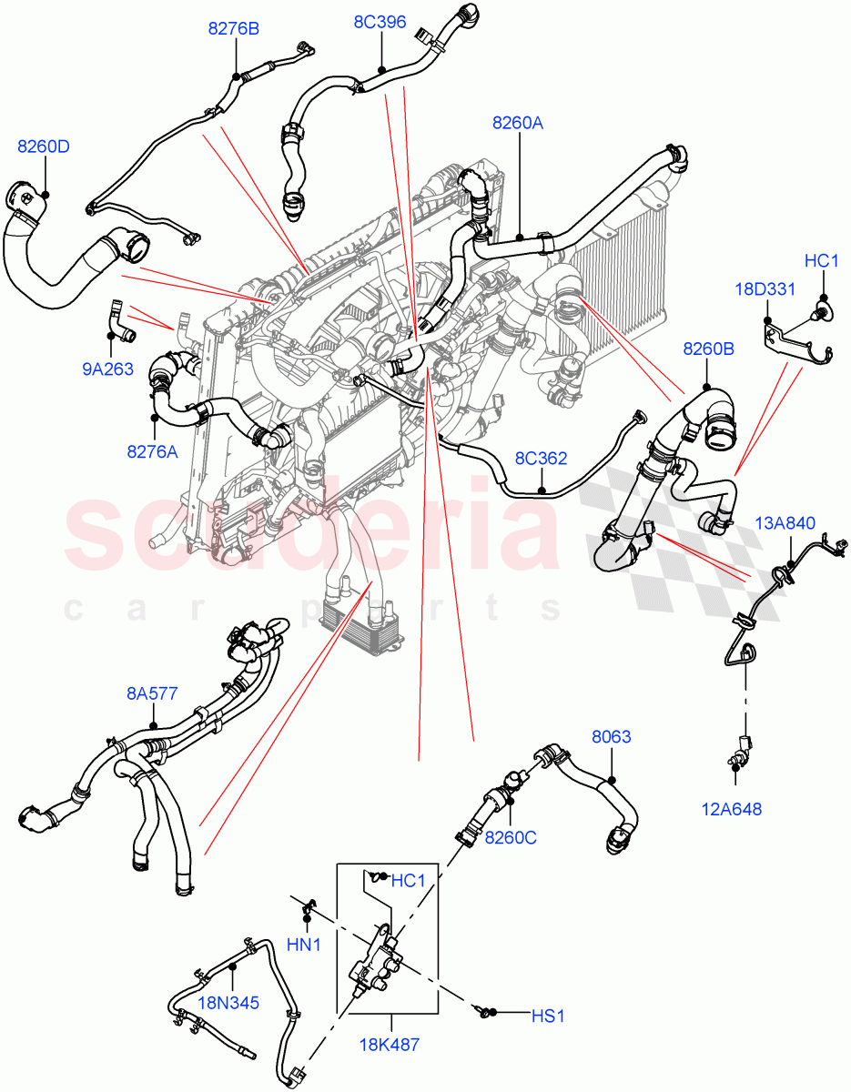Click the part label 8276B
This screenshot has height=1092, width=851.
[x=234, y=29]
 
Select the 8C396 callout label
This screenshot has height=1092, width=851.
[x=380, y=22]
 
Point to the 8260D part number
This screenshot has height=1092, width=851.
[x=43, y=147]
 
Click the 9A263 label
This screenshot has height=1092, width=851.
[x=108, y=369]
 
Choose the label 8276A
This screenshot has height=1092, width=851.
[x=152, y=450]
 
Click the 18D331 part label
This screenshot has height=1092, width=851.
[x=765, y=289]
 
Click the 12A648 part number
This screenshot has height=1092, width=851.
[x=733, y=808]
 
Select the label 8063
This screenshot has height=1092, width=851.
[x=611, y=737]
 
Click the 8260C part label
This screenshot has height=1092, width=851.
[x=510, y=837]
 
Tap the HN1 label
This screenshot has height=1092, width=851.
[x=305, y=945]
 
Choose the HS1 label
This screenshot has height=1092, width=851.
[x=548, y=1016]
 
